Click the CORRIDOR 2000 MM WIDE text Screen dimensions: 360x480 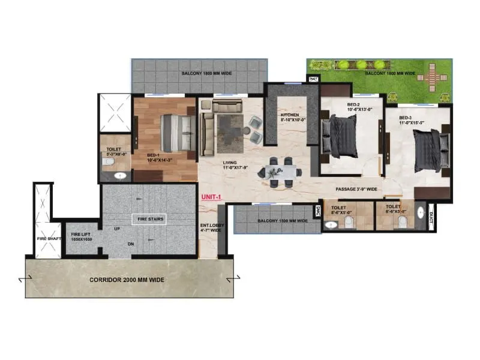(x=127, y=280)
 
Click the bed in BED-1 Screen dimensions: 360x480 (x=176, y=133)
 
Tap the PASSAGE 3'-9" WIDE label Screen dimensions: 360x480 (x=357, y=189)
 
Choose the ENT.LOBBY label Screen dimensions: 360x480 (x=211, y=228)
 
